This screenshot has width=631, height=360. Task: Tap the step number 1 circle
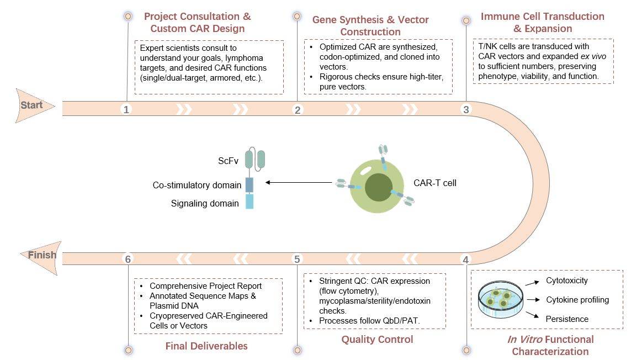click(x=126, y=109)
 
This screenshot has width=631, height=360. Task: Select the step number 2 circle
click(x=298, y=109)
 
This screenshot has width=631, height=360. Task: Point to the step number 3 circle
click(x=466, y=109)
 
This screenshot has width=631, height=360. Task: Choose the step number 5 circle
click(x=298, y=259)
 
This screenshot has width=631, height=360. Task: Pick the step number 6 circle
click(x=128, y=259)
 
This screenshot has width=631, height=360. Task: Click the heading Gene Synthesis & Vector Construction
click(x=370, y=25)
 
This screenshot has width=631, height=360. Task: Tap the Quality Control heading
click(x=377, y=339)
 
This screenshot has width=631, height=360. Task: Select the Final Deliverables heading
click(x=206, y=346)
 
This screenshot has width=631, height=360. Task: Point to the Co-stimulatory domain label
click(x=197, y=185)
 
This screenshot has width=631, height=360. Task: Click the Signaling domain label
click(x=205, y=203)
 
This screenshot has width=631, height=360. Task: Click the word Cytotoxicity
click(x=566, y=280)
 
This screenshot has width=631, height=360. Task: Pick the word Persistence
click(x=566, y=319)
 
